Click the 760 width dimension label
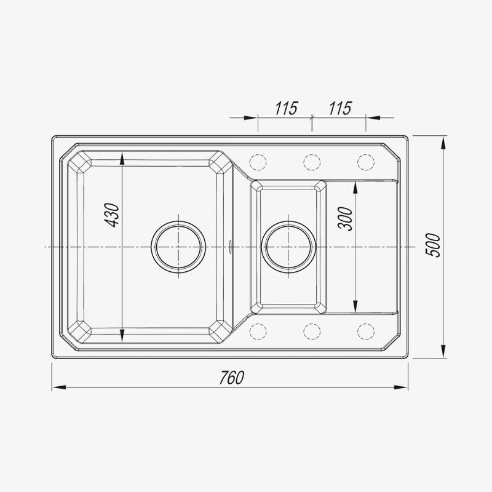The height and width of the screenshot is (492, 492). pyautogui.click(x=232, y=378)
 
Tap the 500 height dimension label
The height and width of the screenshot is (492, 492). pyautogui.click(x=433, y=245)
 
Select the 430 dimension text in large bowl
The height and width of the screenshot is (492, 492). pyautogui.click(x=112, y=215)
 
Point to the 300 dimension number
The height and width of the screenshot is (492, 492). pyautogui.click(x=345, y=219)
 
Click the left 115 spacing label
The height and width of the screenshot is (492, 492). pyautogui.click(x=286, y=108)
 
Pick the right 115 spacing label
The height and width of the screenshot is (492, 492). pyautogui.click(x=340, y=108)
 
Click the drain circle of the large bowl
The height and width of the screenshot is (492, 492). pyautogui.click(x=178, y=221)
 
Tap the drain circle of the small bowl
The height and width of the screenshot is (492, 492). pyautogui.click(x=288, y=221)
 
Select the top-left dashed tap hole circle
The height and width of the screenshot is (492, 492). pyautogui.click(x=258, y=154)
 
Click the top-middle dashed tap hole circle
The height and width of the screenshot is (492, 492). pyautogui.click(x=312, y=154)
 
